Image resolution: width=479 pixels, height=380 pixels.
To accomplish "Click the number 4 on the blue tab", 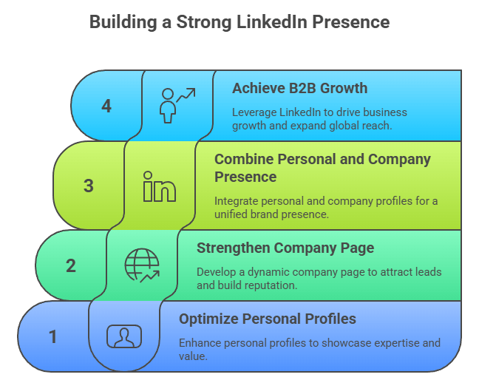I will [x=106, y=106].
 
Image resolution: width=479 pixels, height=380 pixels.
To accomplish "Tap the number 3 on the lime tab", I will [x=89, y=186].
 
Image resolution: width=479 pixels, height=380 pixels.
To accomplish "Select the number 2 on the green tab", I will [x=71, y=265].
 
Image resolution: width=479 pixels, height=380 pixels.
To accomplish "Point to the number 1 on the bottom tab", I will [x=53, y=337].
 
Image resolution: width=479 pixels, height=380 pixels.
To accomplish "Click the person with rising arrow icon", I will [x=177, y=105].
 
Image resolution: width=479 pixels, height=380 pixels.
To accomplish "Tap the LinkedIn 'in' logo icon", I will [x=160, y=186].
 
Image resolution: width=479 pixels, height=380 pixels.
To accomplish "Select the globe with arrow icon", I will [x=142, y=265].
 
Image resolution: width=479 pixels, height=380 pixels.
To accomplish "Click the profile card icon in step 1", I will [x=124, y=337].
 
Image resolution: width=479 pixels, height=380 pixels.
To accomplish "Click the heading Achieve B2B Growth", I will [x=299, y=89].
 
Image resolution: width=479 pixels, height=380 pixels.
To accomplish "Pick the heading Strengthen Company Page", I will [x=285, y=248].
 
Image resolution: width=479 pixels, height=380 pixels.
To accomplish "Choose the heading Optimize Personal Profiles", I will [x=268, y=319].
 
